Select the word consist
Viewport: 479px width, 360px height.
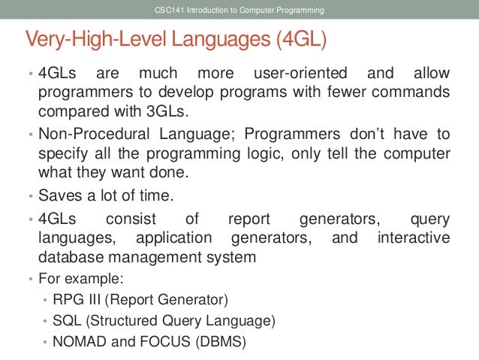coord(131,219)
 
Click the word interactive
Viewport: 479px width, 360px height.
coord(412,238)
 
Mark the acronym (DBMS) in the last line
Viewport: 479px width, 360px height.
coord(222,342)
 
